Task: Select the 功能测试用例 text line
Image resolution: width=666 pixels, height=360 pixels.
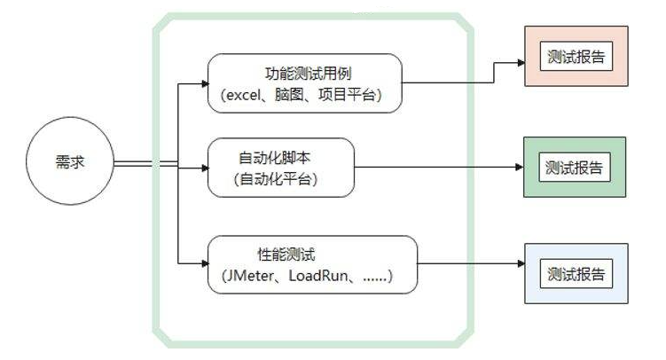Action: click(309, 74)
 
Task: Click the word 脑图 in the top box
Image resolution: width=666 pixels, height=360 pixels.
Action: click(289, 94)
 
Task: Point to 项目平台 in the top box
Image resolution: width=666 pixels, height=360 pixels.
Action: click(347, 94)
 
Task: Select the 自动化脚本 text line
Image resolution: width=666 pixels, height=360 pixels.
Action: click(274, 158)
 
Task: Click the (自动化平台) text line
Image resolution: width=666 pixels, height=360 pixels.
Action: click(276, 179)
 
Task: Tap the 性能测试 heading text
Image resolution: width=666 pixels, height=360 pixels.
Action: click(286, 254)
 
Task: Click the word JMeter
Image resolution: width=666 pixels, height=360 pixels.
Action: click(251, 276)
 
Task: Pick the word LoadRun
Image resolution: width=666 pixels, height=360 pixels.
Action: click(318, 276)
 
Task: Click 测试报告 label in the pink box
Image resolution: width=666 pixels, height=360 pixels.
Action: click(576, 57)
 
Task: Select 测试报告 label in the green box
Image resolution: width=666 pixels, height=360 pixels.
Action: click(575, 168)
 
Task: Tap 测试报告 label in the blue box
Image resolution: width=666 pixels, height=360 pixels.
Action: click(576, 274)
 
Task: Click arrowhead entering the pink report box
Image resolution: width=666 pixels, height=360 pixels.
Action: click(521, 63)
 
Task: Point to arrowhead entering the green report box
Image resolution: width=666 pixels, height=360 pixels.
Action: click(520, 168)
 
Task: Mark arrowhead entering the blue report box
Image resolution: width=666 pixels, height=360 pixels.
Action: click(521, 263)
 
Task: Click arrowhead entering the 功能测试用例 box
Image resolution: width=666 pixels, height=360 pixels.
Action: click(205, 83)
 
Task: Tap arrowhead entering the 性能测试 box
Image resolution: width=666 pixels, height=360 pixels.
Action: click(205, 263)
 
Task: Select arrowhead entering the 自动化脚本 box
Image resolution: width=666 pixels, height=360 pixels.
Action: click(205, 168)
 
